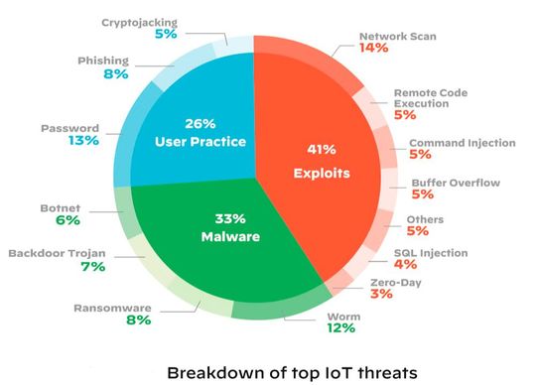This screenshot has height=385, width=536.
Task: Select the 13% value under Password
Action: click(x=83, y=141)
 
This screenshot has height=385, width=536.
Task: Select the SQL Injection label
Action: click(x=431, y=253)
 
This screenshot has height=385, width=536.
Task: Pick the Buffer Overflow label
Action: click(x=456, y=183)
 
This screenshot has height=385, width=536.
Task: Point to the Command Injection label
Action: click(x=463, y=143)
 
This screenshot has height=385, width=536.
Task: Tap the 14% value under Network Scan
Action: click(x=373, y=47)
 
